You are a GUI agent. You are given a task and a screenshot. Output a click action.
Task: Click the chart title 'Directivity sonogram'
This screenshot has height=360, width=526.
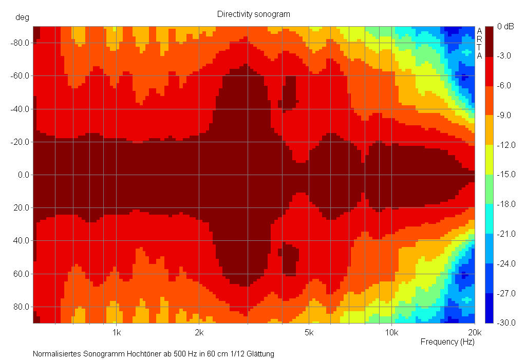(x=253, y=14)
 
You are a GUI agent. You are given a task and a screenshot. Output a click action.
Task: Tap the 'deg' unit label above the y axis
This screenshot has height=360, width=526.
(x=22, y=17)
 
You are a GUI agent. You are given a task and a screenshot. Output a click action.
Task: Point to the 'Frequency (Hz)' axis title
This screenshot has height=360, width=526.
(x=447, y=342)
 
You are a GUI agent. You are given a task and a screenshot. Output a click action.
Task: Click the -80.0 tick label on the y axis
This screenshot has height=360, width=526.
(x=20, y=43)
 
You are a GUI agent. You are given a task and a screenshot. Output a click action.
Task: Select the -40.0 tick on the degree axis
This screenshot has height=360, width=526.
(x=20, y=109)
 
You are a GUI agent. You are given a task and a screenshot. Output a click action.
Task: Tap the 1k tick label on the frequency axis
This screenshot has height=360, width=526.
(x=117, y=332)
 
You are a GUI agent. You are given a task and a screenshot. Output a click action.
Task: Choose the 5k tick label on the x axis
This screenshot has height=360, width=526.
(x=309, y=332)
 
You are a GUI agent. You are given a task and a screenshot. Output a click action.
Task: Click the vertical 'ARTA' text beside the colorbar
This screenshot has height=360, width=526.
(x=479, y=43)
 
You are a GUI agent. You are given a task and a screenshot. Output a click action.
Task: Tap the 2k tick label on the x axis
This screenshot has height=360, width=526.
(x=199, y=332)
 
